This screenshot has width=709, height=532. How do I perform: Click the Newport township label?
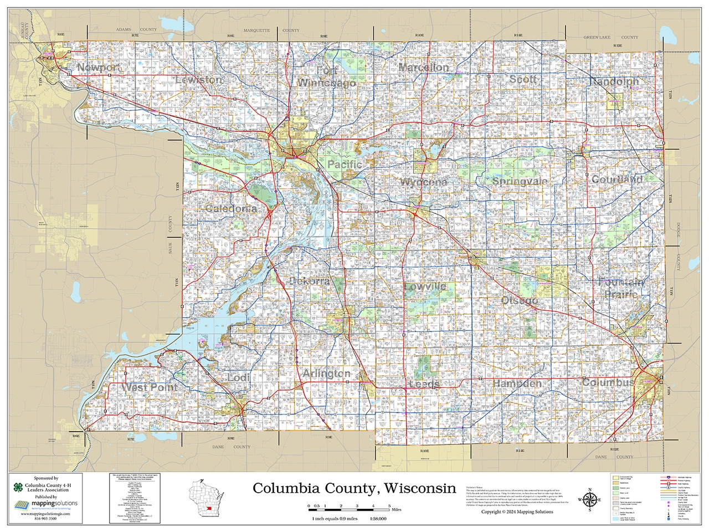[x=99, y=68]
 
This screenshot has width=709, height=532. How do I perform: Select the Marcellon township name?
[x=424, y=67]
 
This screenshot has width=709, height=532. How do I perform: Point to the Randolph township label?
[x=614, y=81]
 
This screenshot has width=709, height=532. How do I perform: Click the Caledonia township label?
[x=231, y=209]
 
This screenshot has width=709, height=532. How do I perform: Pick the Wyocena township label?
[x=424, y=182]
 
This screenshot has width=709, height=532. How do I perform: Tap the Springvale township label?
[x=520, y=181]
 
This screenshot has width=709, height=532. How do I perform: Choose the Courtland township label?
[x=617, y=179]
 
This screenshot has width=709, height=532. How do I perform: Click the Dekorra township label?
[x=310, y=281]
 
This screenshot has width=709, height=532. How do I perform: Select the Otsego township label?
[x=519, y=300]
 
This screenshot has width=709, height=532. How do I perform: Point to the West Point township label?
[x=150, y=387]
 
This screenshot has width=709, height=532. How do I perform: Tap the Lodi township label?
[x=239, y=377]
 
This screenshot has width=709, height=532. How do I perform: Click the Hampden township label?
[x=517, y=383]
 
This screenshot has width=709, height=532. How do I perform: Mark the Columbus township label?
[x=608, y=382]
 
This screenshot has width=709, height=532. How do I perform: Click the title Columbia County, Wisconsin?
[x=354, y=488]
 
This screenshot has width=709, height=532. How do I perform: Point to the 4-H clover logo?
[x=19, y=488]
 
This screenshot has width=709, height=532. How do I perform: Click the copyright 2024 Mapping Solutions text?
[x=517, y=511]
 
